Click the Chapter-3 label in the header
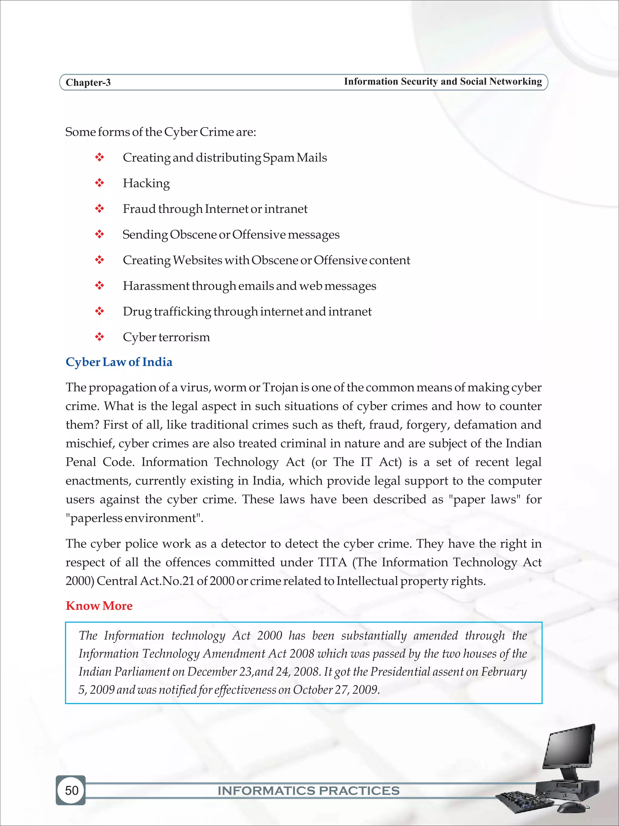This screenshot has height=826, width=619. [88, 83]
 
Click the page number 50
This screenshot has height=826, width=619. [72, 790]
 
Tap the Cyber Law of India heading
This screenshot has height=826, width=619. [119, 362]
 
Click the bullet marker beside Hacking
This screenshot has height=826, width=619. [99, 183]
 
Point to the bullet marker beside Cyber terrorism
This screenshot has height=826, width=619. [99, 337]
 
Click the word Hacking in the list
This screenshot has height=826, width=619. [146, 183]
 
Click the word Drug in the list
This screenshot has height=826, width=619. [137, 312]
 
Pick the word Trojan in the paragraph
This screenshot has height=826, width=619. [280, 388]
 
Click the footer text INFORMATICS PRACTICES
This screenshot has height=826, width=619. [308, 791]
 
